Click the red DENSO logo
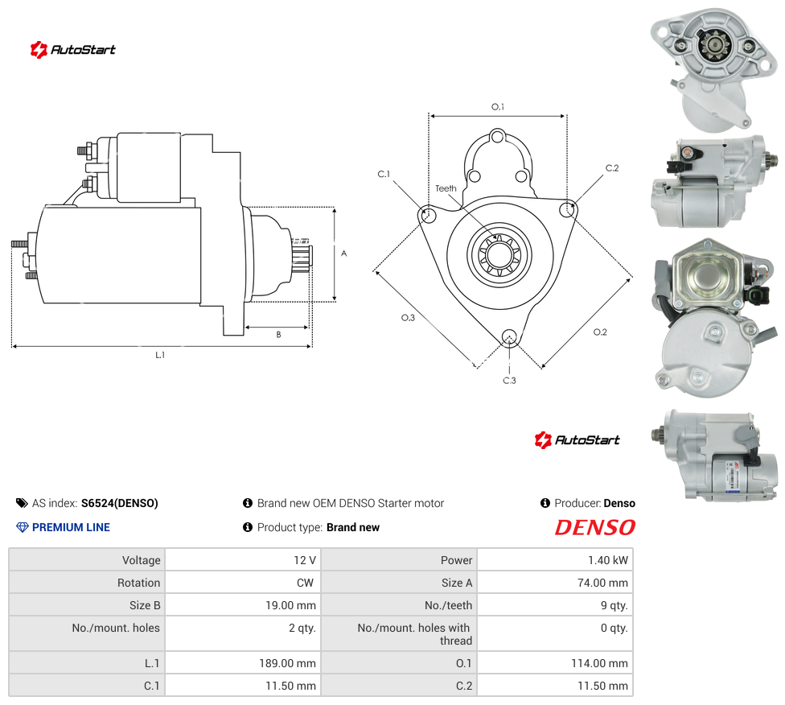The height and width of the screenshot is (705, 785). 594,527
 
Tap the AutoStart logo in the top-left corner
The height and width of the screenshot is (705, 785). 72,50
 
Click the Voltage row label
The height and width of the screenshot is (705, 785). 142,560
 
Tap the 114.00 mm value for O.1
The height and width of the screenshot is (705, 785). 599,663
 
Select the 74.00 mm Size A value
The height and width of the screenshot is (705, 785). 602,583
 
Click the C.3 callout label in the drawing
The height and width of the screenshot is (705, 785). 509,381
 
